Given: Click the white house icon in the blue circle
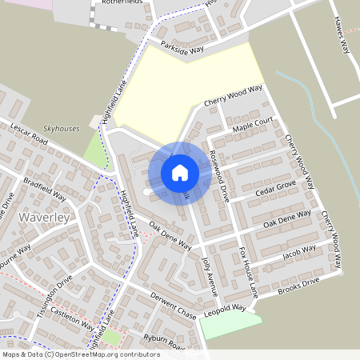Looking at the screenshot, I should coord(180,173).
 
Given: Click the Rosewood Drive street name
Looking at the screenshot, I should coord(218,175).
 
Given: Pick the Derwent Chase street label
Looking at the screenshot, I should coord(173,302).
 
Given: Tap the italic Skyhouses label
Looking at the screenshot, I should coord(62,127).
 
